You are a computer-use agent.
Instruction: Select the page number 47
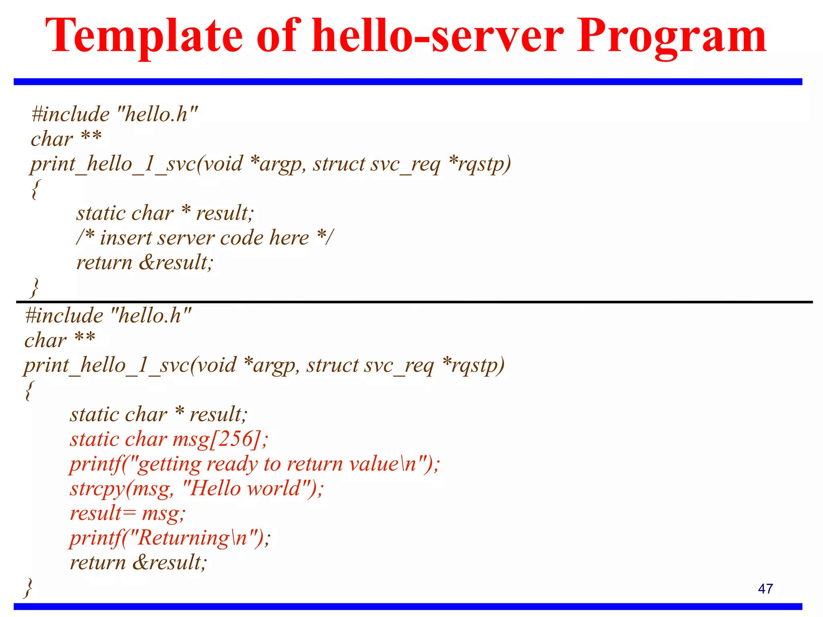point(765,589)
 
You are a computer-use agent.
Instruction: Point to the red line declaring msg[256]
point(169,439)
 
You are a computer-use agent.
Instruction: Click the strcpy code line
point(196,489)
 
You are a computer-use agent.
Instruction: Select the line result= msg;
point(128,513)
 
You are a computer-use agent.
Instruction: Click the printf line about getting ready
point(255,464)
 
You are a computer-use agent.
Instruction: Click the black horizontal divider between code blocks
point(414,302)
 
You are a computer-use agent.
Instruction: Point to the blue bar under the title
point(407,82)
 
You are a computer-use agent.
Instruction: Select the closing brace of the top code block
point(35,288)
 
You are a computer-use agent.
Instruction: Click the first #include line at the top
point(115,114)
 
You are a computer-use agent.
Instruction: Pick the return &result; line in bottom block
point(138,562)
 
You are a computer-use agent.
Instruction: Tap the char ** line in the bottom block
point(60,340)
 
